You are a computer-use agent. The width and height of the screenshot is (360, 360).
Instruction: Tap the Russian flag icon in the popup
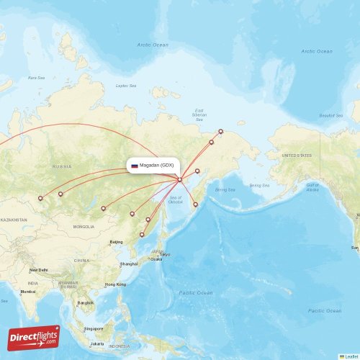pos(134,166)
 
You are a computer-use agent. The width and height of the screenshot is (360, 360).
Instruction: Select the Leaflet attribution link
pos(351,356)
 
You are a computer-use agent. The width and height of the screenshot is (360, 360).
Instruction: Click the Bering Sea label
pos(225,189)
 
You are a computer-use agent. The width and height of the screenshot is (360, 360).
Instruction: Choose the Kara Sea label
pos(35,77)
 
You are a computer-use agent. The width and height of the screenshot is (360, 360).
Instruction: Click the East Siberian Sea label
pos(199,113)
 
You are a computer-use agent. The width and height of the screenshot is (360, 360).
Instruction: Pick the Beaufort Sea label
pos(331,115)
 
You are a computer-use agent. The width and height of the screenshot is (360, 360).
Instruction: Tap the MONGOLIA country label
pos(84,227)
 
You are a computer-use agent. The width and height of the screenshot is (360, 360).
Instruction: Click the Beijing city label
pos(115,243)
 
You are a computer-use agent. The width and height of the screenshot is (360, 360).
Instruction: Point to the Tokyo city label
pos(165,254)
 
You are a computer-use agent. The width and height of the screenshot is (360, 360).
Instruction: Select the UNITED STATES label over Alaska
pos(296,156)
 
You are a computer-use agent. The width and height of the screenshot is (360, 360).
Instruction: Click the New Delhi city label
pos(39,270)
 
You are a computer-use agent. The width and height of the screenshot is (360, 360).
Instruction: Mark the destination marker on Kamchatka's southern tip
pos(196,205)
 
